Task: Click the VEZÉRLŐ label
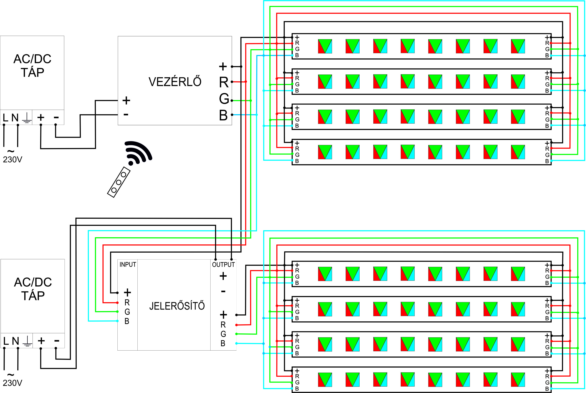tap(175, 82)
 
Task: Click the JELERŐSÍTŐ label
tap(177, 306)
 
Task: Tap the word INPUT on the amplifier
tap(128, 265)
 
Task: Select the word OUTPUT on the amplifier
tap(223, 265)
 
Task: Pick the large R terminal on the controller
tap(224, 82)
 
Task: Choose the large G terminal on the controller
tap(224, 99)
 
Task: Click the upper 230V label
tap(12, 160)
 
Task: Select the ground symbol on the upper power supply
tap(27, 118)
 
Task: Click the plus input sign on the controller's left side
tap(126, 100)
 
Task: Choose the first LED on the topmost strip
tap(325, 46)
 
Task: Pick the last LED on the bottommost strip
tap(518, 380)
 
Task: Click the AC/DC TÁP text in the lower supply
tap(33, 289)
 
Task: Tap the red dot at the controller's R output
tap(232, 82)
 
